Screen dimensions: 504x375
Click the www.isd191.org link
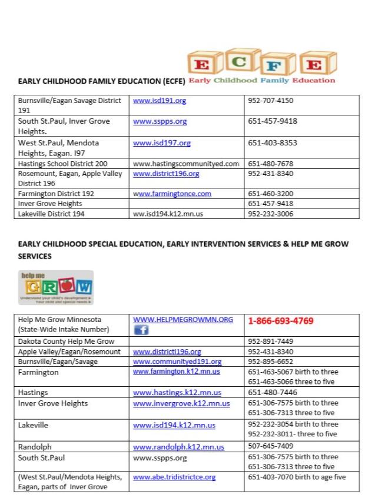coord(160,101)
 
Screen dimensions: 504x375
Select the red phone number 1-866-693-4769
coord(280,321)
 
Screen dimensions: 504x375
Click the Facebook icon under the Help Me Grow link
coord(141,331)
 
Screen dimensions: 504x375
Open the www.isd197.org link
coord(162,142)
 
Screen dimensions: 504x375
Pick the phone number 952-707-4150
coord(271,101)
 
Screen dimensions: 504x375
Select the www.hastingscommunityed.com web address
coord(186,163)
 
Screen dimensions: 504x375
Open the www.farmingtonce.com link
coord(172,193)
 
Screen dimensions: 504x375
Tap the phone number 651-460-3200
coord(271,193)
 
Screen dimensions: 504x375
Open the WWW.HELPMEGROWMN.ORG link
coord(183,319)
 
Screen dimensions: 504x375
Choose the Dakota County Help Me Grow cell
coord(66,341)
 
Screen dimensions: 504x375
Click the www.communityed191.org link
coord(177,362)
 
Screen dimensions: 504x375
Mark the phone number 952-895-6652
coord(271,362)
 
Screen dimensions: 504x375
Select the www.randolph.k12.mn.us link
coord(179,447)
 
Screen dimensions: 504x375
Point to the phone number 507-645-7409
coord(271,446)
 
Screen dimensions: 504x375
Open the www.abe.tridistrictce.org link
coord(174,477)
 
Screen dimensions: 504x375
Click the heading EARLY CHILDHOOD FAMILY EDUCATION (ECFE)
coord(102,81)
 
